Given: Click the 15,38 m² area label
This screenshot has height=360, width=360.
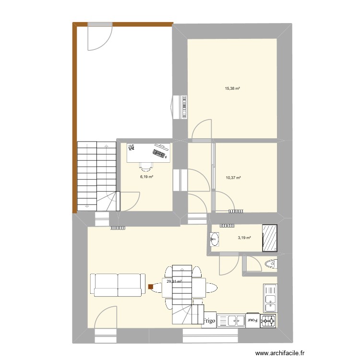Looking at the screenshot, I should [232, 88].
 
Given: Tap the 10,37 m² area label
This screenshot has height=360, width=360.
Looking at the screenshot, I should [233, 178].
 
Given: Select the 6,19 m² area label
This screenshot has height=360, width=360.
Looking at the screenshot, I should [146, 177].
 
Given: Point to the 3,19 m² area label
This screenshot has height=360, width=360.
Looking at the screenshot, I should [245, 237].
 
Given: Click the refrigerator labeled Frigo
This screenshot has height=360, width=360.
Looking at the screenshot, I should [209, 320].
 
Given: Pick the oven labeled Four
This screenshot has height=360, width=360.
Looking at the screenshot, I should [252, 320].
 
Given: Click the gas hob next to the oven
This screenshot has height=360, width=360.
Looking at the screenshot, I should [268, 321].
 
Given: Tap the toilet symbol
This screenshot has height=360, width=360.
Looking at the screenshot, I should [270, 264].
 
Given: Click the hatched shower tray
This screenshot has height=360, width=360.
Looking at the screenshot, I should [272, 237].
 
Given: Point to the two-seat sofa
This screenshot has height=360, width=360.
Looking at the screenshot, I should [118, 285].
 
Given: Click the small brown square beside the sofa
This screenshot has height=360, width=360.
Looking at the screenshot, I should [151, 287].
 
